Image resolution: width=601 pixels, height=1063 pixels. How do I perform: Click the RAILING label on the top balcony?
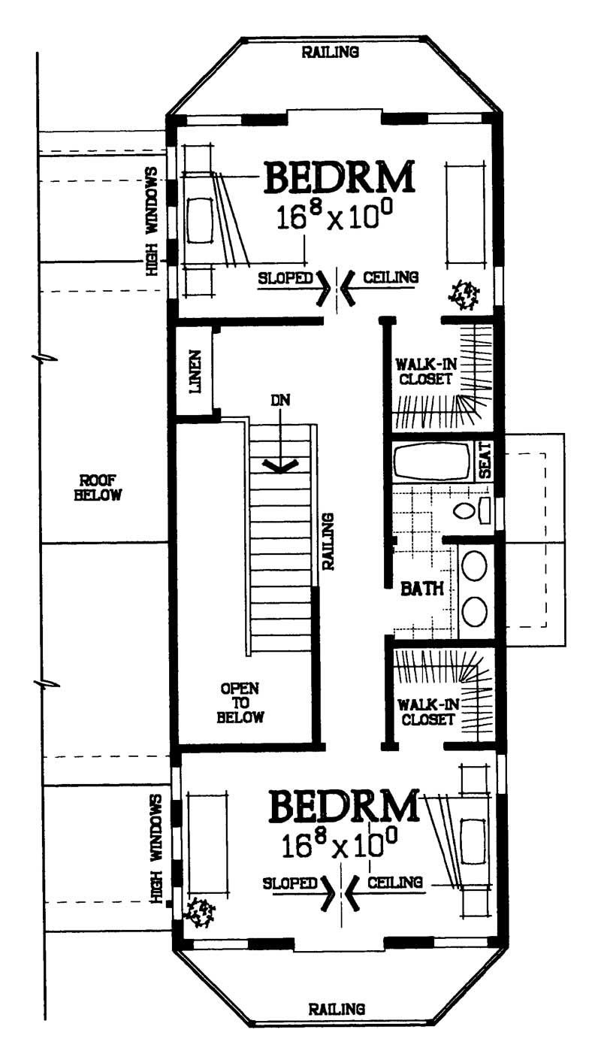click(x=331, y=52)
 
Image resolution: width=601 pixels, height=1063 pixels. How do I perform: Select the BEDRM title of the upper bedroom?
click(x=340, y=178)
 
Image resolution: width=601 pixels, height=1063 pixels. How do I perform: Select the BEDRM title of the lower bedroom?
click(x=344, y=806)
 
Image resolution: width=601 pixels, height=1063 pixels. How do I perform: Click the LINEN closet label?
click(x=197, y=371)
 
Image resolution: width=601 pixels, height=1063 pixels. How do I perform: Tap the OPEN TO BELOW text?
click(x=241, y=702)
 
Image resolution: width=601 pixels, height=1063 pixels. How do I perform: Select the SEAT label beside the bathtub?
click(x=485, y=460)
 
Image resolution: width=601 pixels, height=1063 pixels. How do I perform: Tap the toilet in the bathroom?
click(x=466, y=510)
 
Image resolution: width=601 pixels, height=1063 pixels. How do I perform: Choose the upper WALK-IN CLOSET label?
click(x=424, y=371)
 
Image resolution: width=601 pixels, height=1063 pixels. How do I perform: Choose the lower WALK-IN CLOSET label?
click(x=427, y=712)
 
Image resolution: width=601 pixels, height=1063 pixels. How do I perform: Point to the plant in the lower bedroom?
click(x=200, y=912)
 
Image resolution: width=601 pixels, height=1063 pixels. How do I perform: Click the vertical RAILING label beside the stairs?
click(x=328, y=541)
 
